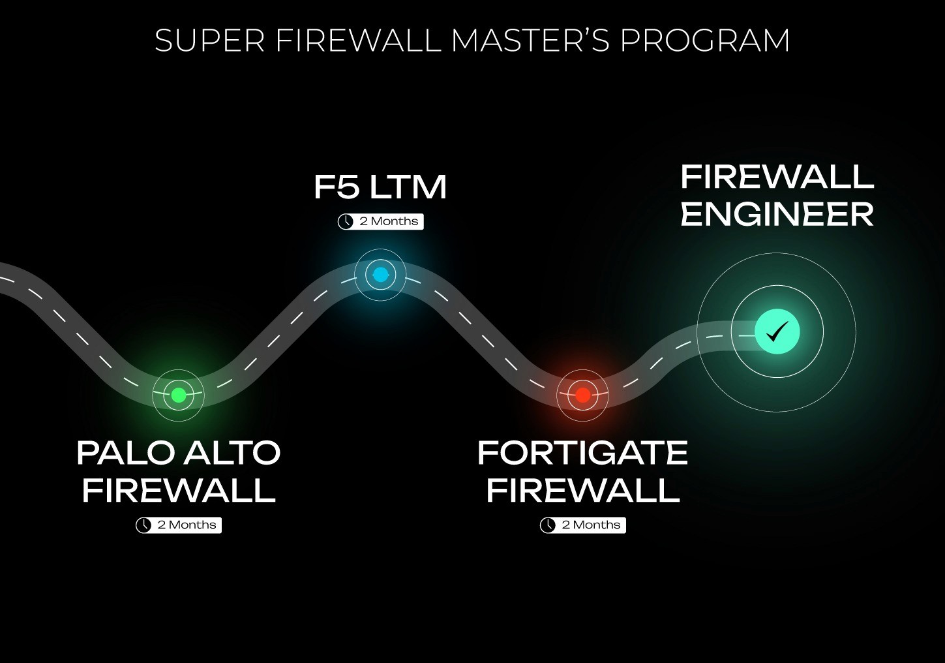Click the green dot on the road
coord(179,395)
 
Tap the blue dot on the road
coord(380,275)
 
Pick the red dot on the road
coord(583,395)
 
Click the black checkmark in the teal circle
coord(777,332)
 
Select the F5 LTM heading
coord(380,187)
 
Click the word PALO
coord(123,453)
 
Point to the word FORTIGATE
coord(582,453)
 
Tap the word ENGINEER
coord(777,215)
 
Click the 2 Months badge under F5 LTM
coord(381,222)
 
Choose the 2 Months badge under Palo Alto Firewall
coord(179,525)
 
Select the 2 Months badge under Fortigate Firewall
coord(583,525)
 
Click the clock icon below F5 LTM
coord(346,222)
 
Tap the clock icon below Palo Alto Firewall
coord(143,525)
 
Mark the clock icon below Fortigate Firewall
coord(548,525)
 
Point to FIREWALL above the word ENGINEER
coord(777,177)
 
